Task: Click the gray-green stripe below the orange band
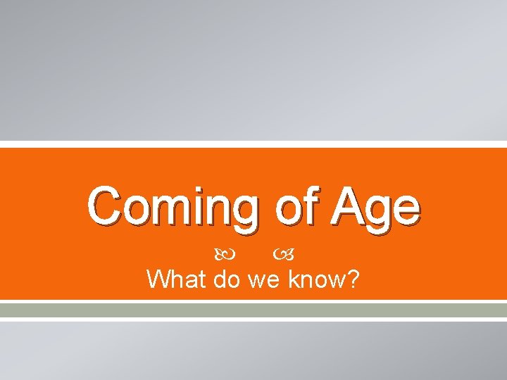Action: point(254,310)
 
